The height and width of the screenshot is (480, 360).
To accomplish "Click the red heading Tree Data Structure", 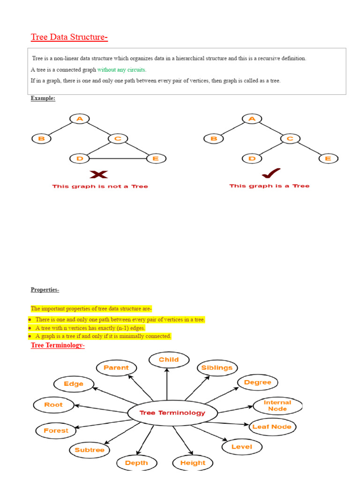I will click(x=69, y=37).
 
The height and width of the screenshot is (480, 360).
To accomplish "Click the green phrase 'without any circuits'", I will click(x=122, y=70).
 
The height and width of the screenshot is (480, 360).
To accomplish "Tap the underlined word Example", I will click(x=43, y=98).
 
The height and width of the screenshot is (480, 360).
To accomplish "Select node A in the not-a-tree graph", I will click(x=80, y=119).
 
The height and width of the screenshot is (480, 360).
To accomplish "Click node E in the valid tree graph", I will click(x=328, y=158).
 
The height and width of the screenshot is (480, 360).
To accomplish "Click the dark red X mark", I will click(x=98, y=175).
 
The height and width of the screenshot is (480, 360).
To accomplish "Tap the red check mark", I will click(x=271, y=174).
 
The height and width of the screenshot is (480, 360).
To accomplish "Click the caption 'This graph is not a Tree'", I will click(x=100, y=187).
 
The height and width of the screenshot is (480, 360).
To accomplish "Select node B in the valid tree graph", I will click(x=214, y=138).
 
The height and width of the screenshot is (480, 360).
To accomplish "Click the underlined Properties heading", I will click(x=45, y=290).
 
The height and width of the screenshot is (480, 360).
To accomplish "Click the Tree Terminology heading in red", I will click(x=58, y=345).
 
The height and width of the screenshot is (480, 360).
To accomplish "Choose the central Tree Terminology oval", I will click(x=173, y=413).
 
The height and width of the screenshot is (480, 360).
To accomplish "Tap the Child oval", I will click(x=169, y=360).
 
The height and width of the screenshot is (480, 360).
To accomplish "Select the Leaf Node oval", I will click(x=271, y=427).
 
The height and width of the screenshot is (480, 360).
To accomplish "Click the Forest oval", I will click(x=56, y=430).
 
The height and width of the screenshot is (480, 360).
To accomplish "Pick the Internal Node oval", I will click(x=277, y=405).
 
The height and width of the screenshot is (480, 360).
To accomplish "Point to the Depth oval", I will click(x=136, y=463).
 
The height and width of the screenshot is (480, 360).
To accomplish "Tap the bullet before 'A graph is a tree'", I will click(x=30, y=337).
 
